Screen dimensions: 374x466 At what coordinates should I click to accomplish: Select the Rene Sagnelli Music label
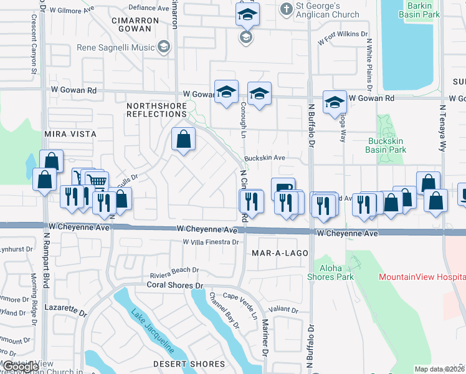pyautogui.click(x=116, y=47)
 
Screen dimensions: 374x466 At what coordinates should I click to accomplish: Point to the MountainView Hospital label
pyautogui.click(x=422, y=277)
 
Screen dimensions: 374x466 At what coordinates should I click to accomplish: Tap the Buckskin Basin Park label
pyautogui.click(x=387, y=145)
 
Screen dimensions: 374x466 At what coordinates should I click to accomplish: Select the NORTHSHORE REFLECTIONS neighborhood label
pyautogui.click(x=156, y=110)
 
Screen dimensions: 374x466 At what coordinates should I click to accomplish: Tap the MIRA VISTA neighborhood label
pyautogui.click(x=70, y=134)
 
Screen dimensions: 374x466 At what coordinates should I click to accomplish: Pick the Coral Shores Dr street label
pyautogui.click(x=175, y=285)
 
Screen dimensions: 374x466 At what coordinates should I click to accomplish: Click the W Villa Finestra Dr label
pyautogui.click(x=211, y=242)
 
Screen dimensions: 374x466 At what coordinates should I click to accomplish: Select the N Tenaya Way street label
pyautogui.click(x=443, y=128)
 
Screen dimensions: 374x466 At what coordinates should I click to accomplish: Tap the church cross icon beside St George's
pyautogui.click(x=286, y=9)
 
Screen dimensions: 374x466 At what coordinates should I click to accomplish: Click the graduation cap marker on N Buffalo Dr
pyautogui.click(x=335, y=102)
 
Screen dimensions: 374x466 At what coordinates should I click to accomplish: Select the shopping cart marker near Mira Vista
pyautogui.click(x=96, y=181)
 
